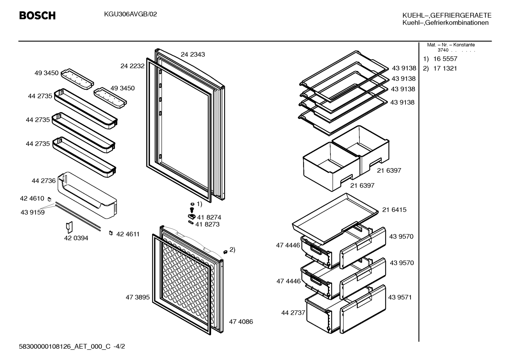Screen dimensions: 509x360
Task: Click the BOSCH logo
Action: (37, 16)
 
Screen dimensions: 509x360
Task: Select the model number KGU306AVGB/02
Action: (131, 14)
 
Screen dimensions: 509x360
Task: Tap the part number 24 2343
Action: (193, 54)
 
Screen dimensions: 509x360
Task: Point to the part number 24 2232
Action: (132, 66)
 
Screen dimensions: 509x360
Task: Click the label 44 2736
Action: (44, 181)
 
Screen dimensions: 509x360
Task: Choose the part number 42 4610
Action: (32, 199)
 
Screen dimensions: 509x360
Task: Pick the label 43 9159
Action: (33, 212)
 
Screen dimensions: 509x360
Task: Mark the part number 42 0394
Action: (76, 238)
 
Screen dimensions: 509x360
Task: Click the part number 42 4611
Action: (128, 234)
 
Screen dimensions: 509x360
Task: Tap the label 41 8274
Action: (209, 217)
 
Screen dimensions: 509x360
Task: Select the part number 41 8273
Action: (208, 224)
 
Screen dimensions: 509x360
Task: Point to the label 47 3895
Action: (138, 297)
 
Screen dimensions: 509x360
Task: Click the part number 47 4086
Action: (241, 322)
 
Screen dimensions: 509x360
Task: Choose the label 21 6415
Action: (394, 210)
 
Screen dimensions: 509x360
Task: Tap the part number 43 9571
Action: (400, 297)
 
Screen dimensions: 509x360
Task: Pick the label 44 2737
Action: (293, 313)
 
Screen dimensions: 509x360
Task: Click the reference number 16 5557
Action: (445, 59)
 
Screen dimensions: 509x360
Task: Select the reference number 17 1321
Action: (445, 69)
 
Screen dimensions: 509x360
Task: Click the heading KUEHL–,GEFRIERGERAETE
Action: (447, 16)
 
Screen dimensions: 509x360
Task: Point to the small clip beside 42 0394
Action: (69, 227)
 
